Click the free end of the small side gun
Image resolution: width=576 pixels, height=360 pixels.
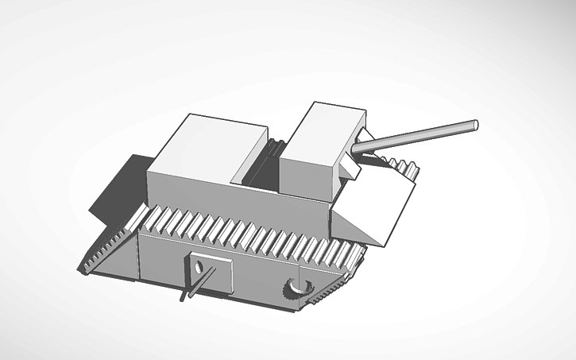(184, 299)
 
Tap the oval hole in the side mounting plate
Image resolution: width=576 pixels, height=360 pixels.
(197, 265)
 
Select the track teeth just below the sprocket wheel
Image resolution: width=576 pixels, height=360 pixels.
(318, 298)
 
